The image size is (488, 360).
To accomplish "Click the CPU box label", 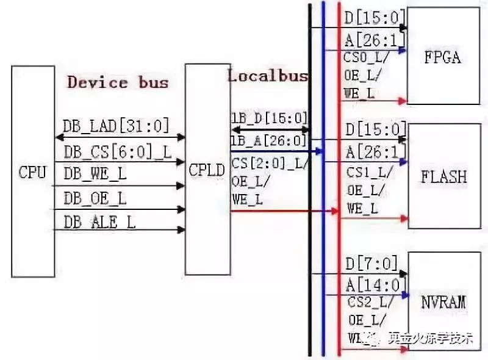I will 32,172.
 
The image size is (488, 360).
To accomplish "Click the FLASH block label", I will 444,177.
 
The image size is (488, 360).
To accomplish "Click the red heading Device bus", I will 118,82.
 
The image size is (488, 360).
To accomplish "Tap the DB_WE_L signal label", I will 95,175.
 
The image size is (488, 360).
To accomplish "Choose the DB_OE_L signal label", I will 95,198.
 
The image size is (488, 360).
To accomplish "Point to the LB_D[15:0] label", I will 268,118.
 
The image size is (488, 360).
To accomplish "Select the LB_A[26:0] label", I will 268,141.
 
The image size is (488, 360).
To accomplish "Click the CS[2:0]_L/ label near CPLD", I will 268,164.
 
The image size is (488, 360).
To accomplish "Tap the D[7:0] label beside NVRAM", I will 371,265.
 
